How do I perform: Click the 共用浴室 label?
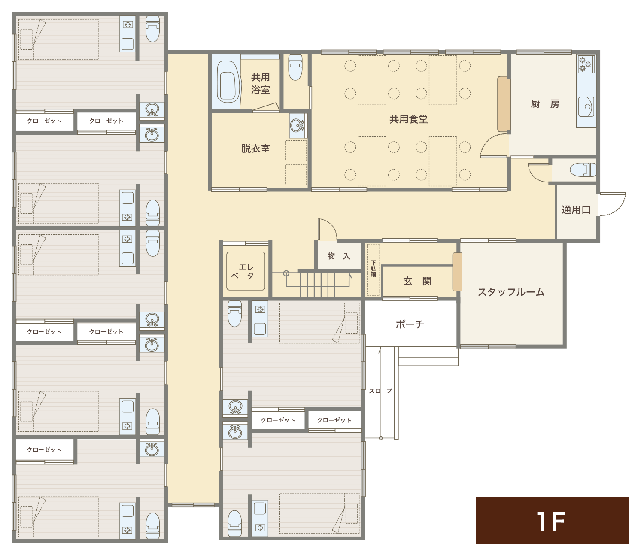pyautogui.click(x=260, y=84)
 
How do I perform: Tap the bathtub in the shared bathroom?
pyautogui.click(x=228, y=82)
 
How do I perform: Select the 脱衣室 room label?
pyautogui.click(x=255, y=149)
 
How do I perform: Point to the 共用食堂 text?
pyautogui.click(x=408, y=119)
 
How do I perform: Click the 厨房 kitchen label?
pyautogui.click(x=545, y=104)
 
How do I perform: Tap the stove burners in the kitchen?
pyautogui.click(x=585, y=64)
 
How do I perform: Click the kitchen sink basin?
pyautogui.click(x=586, y=106)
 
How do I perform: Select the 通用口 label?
pyautogui.click(x=576, y=209)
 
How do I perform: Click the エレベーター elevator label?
pyautogui.click(x=246, y=271)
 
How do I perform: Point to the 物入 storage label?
pyautogui.click(x=339, y=256)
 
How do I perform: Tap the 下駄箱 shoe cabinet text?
pyautogui.click(x=373, y=269)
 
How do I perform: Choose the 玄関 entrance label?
pyautogui.click(x=417, y=281)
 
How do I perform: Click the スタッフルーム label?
pyautogui.click(x=511, y=292)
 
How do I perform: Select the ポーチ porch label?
pyautogui.click(x=410, y=324)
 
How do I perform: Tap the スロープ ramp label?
pyautogui.click(x=380, y=391)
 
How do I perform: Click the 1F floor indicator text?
pyautogui.click(x=551, y=521)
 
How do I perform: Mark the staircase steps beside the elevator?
pyautogui.click(x=317, y=285)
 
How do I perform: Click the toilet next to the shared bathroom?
pyautogui.click(x=295, y=67)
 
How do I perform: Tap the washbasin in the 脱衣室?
pyautogui.click(x=297, y=126)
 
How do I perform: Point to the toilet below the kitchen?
pyautogui.click(x=583, y=170)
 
